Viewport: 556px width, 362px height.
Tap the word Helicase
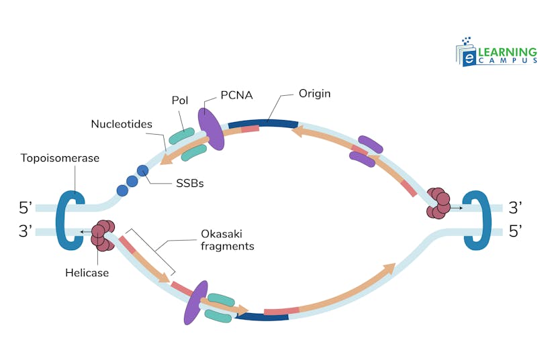[87, 272]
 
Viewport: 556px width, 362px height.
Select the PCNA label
[236, 95]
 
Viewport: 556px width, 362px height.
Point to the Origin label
[314, 94]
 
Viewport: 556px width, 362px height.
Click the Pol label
[179, 101]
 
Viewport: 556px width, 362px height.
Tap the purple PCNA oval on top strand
[211, 129]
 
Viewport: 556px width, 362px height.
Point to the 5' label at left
[26, 207]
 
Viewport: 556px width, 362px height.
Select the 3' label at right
[516, 207]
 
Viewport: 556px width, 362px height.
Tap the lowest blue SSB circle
[122, 190]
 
